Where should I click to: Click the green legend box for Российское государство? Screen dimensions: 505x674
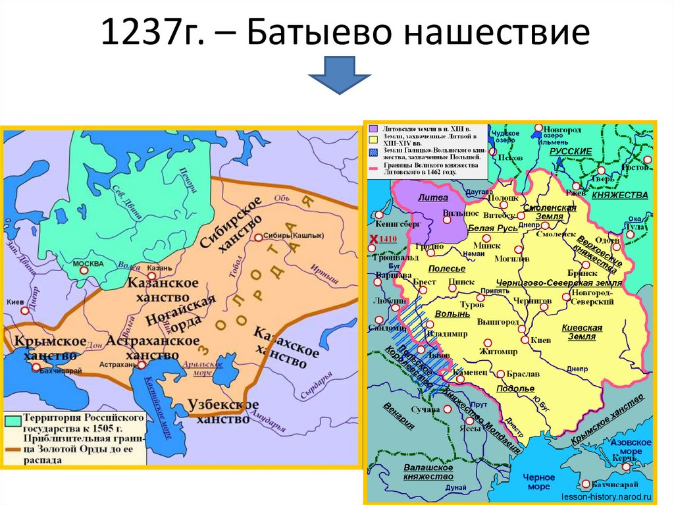point(12,419)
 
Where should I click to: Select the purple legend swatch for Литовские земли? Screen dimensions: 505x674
point(373,129)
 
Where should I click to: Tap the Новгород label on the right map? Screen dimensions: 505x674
point(565,129)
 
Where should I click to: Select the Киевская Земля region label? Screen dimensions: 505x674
point(579,332)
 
